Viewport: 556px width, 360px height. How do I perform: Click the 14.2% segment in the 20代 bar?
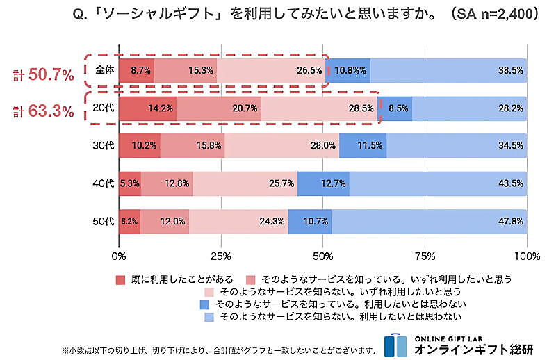147,108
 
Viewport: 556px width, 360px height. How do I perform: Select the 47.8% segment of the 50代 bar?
429,222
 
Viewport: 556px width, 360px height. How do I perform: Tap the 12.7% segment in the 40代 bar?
323,184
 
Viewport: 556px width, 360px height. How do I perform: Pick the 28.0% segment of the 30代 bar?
281,147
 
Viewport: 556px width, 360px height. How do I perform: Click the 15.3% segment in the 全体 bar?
186,71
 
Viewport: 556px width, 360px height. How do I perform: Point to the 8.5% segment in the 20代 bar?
395,108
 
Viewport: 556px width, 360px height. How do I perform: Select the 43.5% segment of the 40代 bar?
438,184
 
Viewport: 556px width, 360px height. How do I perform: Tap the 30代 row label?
103,147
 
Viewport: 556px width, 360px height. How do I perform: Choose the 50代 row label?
103,222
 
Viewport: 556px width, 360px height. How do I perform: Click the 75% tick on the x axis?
425,255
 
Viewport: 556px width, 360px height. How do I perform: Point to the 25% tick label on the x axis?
221,255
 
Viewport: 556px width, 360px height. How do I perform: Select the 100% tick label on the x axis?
527,255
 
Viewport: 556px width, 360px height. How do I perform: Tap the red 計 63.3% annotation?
42,111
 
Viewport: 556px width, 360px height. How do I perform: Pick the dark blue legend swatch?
204,304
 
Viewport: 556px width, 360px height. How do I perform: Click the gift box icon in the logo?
395,345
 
